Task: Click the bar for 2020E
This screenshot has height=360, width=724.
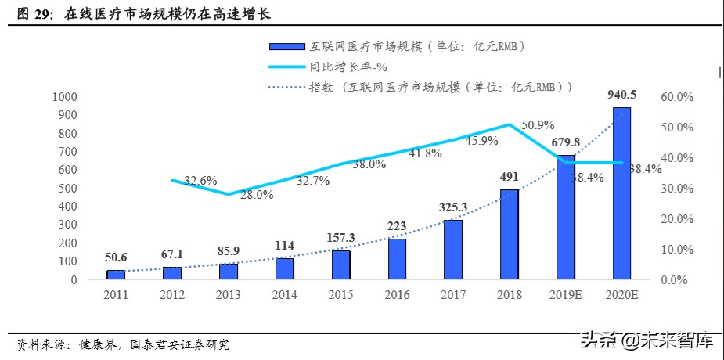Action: (x=621, y=193)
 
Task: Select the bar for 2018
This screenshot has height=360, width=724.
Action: (x=509, y=234)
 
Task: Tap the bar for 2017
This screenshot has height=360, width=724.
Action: (x=452, y=250)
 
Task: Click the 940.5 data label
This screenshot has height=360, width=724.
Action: (x=621, y=95)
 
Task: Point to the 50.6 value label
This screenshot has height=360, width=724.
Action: (x=116, y=257)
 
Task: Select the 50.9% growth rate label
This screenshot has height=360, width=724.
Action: (x=538, y=124)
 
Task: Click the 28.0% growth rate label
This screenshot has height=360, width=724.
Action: (x=257, y=195)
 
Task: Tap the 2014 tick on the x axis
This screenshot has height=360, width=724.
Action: (x=284, y=294)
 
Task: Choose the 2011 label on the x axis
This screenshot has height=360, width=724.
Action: (x=116, y=294)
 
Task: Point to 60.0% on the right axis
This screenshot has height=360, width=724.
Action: (x=677, y=97)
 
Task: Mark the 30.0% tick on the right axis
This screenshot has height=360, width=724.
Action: (x=677, y=189)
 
